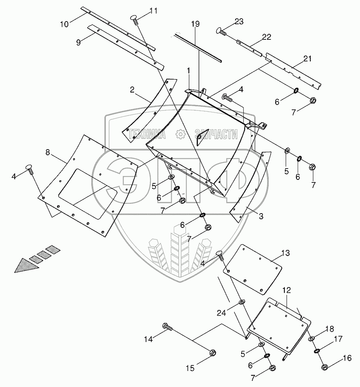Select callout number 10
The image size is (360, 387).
coord(64,24)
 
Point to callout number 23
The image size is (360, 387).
coord(239,21)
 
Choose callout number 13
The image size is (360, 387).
coord(286,253)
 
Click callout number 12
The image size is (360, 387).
coord(287,290)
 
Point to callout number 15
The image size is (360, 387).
coord(190,368)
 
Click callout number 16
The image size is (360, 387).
coord(347,358)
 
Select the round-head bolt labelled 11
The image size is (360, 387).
coord(134,19)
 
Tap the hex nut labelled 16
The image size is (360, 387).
coord(325,367)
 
